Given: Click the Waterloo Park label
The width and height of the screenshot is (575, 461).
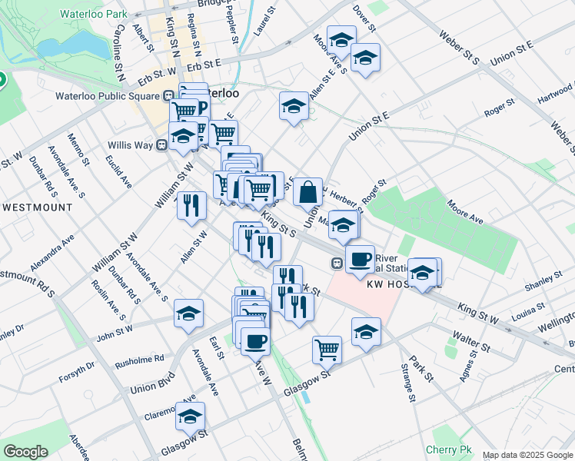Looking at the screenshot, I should pos(96,14).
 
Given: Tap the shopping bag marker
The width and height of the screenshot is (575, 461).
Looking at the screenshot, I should pos(307,192).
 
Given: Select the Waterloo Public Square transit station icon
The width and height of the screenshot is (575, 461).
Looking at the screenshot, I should pos(168,96).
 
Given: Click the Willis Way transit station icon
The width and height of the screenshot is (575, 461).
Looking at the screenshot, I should pos(162,144).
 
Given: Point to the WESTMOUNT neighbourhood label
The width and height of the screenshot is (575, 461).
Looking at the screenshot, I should pos(37,207).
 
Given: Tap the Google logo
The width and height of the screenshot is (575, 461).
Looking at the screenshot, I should pos(25,452).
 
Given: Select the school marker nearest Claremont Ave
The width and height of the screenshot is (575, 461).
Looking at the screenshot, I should pos(190,416).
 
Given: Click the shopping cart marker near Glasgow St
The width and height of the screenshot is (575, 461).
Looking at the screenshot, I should pos(327,350).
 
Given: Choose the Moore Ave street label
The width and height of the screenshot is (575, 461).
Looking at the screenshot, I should pos(465,212).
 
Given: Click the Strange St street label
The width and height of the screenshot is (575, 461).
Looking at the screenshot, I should pos(407,386).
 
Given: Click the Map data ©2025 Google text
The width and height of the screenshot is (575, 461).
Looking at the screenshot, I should pos(527,455).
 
